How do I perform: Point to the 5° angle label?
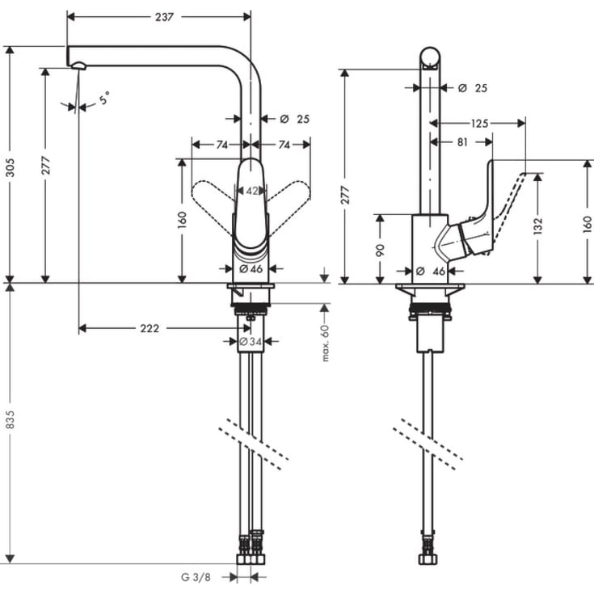coord(104,99)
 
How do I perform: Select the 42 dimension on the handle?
coord(251,192)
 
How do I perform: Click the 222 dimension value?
coord(149,328)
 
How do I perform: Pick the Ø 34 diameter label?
coord(251,342)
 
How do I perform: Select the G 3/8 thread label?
coord(196,577)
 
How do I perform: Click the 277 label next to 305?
coord(46,165)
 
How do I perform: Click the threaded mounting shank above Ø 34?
coord(251,308)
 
